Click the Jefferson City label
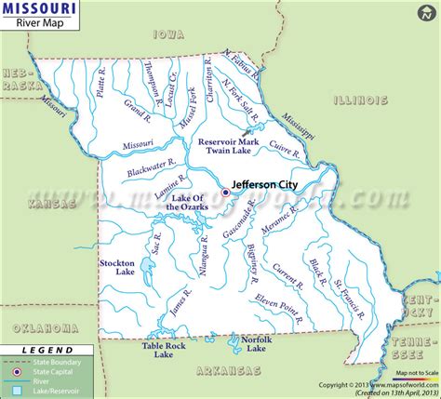[267, 184]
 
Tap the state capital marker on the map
[225, 193]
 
